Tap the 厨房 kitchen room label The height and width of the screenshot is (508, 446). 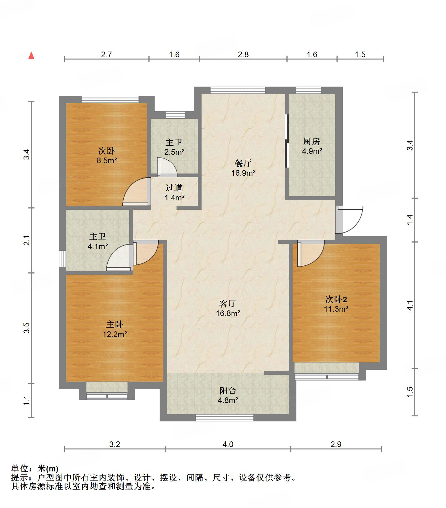click(312, 146)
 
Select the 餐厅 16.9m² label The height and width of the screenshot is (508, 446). click(244, 168)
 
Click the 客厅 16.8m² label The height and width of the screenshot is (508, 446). click(228, 308)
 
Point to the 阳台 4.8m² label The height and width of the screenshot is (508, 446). click(228, 395)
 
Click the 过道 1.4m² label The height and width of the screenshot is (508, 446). click(174, 193)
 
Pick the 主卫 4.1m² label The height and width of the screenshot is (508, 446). click(98, 242)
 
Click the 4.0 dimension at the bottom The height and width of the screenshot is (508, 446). click(228, 444)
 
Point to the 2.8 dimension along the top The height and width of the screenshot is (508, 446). click(243, 54)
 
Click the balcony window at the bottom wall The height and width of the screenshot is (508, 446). click(224, 418)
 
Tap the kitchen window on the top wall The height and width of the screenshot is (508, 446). click(309, 90)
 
